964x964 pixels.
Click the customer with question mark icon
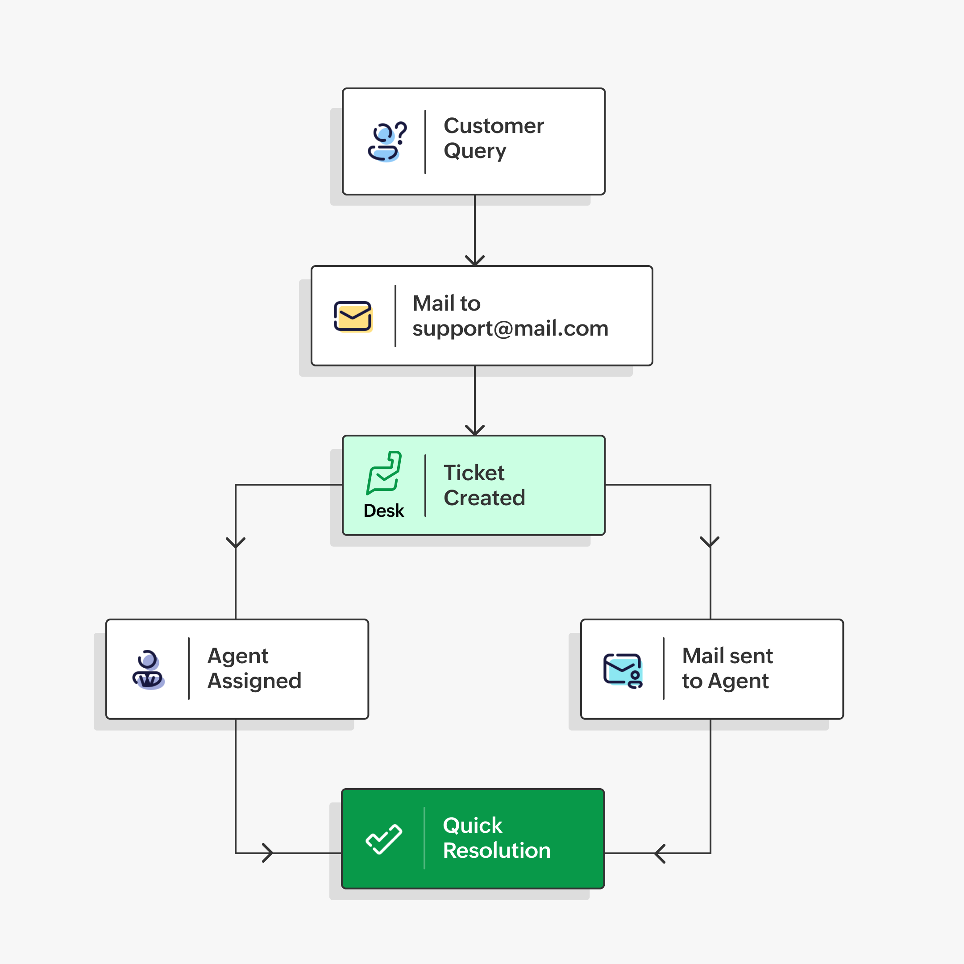(x=386, y=142)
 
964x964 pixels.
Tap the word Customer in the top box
(x=494, y=126)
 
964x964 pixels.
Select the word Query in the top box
(x=474, y=151)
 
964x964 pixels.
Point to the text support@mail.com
(x=510, y=329)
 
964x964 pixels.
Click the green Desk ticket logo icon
(x=384, y=473)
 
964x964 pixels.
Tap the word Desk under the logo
(x=383, y=511)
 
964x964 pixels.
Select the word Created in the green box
(x=484, y=498)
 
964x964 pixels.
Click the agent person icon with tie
(x=148, y=670)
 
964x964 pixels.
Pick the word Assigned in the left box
(x=254, y=681)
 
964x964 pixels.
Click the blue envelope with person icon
(x=623, y=670)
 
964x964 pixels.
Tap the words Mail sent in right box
(x=727, y=656)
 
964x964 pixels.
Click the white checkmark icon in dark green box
(x=383, y=839)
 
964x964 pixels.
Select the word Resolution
(x=496, y=851)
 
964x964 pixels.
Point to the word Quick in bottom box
(x=472, y=826)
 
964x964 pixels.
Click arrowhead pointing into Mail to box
(x=474, y=261)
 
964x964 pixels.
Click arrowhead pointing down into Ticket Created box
(x=474, y=430)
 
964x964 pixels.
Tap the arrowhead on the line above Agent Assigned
(x=236, y=542)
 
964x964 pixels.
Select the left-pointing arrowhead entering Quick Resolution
(x=661, y=854)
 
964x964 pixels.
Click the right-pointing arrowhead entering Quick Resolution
(x=268, y=853)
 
